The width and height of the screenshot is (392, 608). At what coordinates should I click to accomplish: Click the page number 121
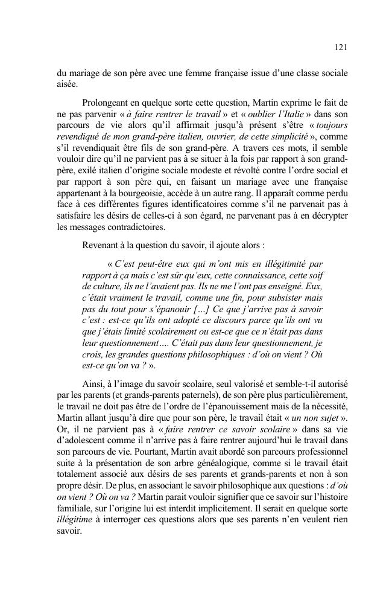point(340,46)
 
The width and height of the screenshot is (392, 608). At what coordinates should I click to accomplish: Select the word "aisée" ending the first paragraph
point(63,86)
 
